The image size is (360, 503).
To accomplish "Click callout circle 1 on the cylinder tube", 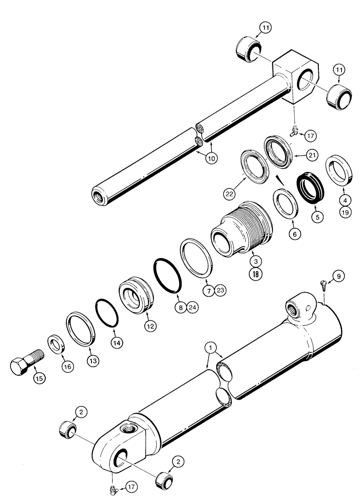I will point(211,348).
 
